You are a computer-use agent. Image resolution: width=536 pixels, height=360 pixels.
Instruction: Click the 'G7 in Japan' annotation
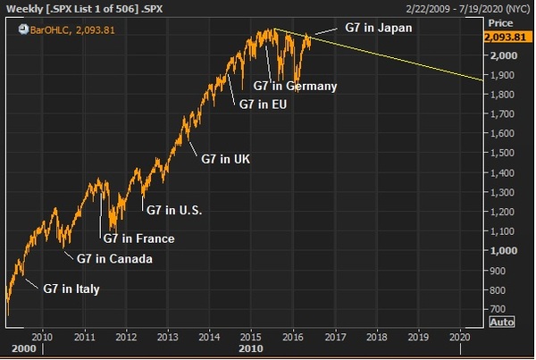379,27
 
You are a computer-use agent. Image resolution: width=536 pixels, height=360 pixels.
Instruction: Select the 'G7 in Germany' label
295,87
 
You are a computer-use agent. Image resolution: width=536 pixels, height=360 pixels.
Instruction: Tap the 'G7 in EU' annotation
268,104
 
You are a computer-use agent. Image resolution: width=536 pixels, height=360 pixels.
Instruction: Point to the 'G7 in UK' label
225,158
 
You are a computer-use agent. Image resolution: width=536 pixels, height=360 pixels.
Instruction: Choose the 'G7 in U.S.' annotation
174,210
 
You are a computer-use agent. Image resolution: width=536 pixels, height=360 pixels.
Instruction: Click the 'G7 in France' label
138,239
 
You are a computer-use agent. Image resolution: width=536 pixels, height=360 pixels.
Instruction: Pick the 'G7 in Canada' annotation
114,259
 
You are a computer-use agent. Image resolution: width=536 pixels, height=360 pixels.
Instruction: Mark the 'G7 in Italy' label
71,289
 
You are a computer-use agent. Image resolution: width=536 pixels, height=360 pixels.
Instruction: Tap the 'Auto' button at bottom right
503,322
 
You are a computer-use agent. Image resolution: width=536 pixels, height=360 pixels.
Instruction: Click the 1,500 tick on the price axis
501,154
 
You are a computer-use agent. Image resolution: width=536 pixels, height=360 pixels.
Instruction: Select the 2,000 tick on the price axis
501,55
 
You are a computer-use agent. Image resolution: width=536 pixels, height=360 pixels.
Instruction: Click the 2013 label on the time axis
167,337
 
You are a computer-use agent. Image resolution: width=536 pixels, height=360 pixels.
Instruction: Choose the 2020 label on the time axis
459,337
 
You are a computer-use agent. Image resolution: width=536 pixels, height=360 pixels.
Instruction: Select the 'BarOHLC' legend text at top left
52,29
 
